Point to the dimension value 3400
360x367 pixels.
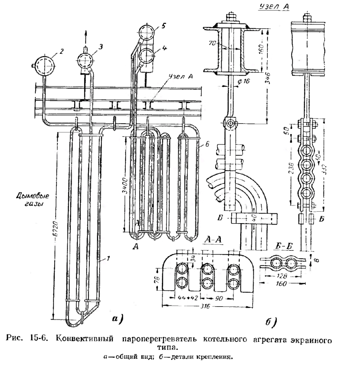click(x=125, y=186)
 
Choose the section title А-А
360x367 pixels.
click(x=213, y=240)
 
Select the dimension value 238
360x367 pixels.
click(x=291, y=168)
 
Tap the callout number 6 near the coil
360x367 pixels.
click(x=207, y=144)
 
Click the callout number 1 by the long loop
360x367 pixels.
click(x=108, y=259)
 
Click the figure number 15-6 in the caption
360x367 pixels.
click(x=39, y=339)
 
